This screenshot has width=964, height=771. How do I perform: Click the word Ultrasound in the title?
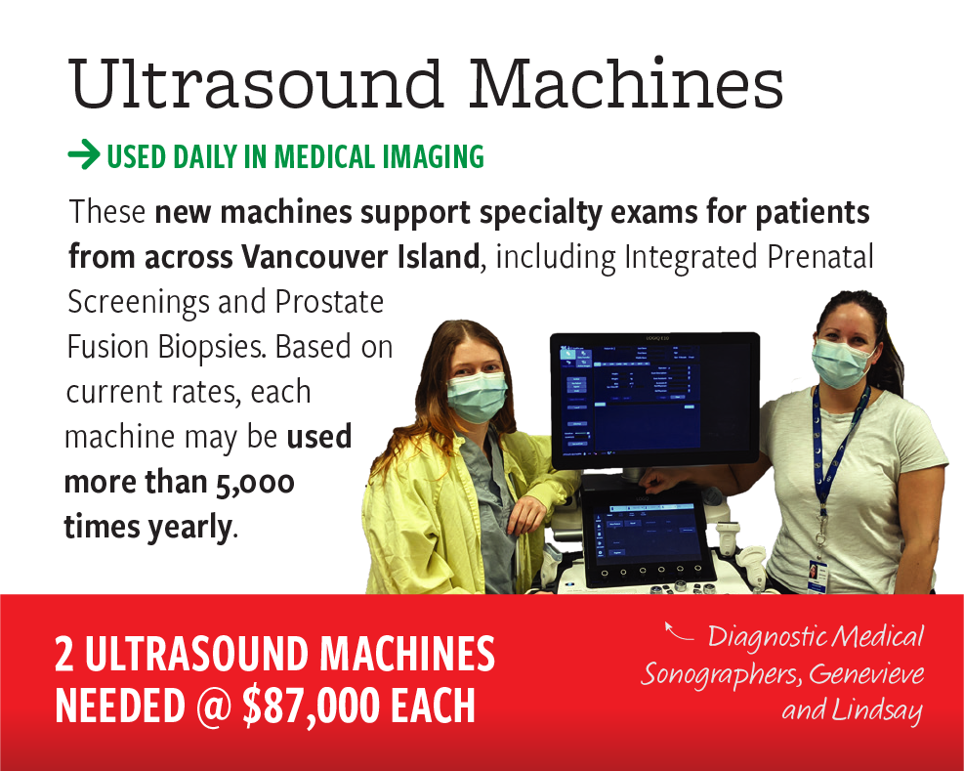pyautogui.click(x=256, y=83)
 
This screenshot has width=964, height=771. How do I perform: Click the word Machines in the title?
pyautogui.click(x=626, y=83)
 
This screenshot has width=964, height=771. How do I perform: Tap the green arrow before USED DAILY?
pyautogui.click(x=84, y=155)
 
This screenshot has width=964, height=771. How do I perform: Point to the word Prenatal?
pyautogui.click(x=819, y=256)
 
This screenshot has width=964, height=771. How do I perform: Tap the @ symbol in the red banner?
pyautogui.click(x=212, y=706)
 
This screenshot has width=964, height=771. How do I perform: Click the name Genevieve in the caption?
pyautogui.click(x=866, y=673)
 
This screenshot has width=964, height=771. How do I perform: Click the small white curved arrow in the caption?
pyautogui.click(x=678, y=631)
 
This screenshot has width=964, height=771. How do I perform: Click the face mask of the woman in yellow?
pyautogui.click(x=476, y=397)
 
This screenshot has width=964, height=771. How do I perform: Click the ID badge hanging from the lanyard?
pyautogui.click(x=818, y=576)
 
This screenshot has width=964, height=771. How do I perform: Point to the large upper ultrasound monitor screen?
pyautogui.click(x=655, y=400)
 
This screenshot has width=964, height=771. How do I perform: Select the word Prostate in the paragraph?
pyautogui.click(x=329, y=302)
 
